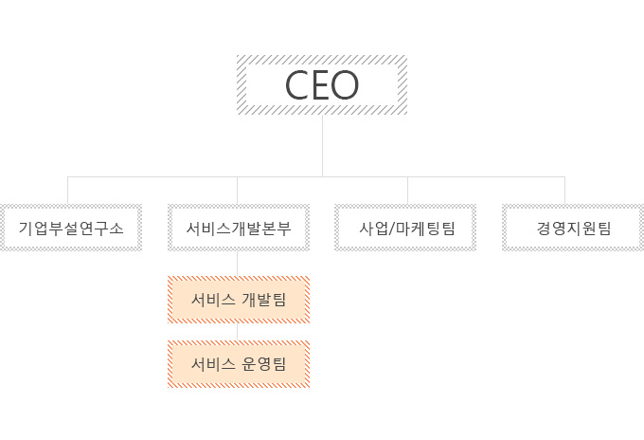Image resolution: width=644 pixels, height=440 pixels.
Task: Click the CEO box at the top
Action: click(x=322, y=85)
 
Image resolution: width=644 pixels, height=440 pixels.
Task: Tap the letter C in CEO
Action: click(x=297, y=85)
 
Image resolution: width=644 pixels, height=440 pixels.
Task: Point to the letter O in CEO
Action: click(x=346, y=85)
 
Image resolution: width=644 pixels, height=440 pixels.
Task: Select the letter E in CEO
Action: click(x=322, y=85)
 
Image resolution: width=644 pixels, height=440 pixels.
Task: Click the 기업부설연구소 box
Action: click(x=71, y=228)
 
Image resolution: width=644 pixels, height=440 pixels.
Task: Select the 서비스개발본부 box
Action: click(x=238, y=228)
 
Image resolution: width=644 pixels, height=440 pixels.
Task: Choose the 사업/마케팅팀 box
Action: click(x=407, y=228)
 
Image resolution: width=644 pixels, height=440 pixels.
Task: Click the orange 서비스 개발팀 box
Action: click(x=239, y=301)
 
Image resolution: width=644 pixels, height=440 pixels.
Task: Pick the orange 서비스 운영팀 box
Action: click(x=239, y=364)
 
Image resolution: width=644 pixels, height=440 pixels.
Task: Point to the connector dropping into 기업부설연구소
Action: click(x=68, y=190)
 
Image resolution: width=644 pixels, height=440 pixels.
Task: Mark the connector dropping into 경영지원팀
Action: click(x=565, y=190)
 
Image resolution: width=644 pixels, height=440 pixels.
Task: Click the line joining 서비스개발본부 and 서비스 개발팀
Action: click(x=238, y=263)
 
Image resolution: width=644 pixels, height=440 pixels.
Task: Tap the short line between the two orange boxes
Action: click(x=238, y=333)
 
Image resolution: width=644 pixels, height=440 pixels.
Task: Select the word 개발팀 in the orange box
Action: click(x=264, y=301)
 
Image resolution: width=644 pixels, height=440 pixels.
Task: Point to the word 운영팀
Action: click(x=264, y=364)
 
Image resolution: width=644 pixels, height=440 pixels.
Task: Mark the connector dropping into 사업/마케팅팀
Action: click(x=408, y=190)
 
